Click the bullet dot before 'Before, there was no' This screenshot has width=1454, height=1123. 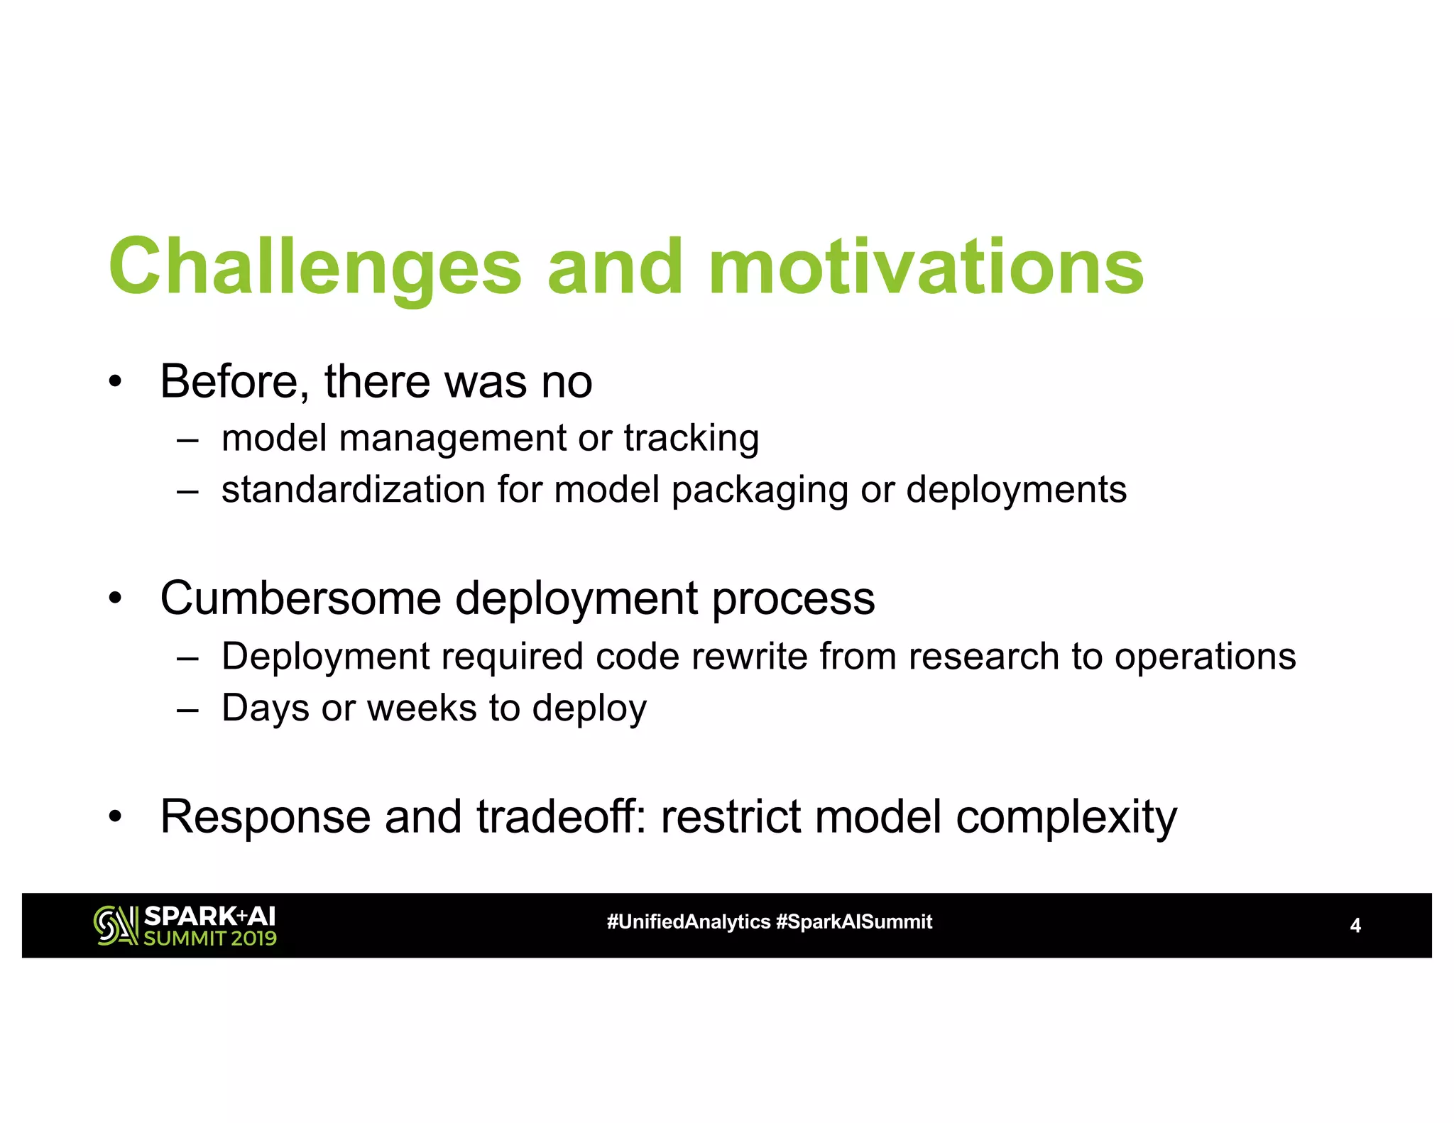click(116, 383)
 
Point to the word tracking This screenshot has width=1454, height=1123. click(691, 439)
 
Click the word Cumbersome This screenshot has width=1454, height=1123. click(300, 598)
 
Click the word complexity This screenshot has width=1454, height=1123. click(1066, 818)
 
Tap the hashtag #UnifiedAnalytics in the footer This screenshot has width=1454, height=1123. click(688, 922)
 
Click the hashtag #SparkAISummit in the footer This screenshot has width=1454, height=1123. click(854, 922)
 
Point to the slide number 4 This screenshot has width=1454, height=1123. click(1355, 926)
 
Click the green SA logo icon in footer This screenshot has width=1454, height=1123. click(115, 926)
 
